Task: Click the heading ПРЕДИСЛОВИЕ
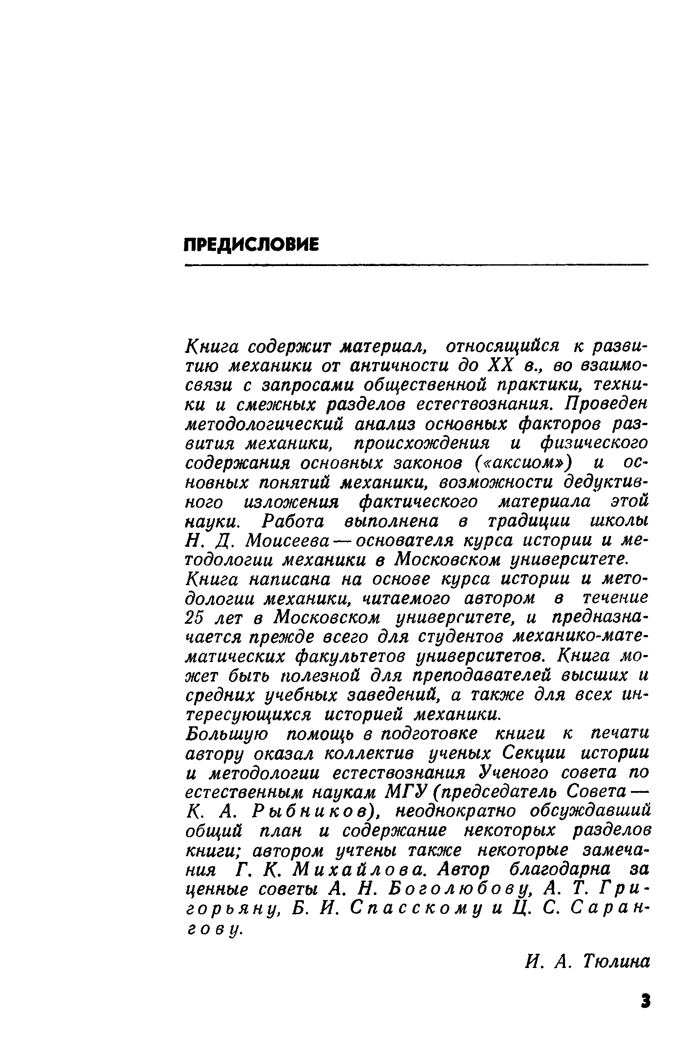(251, 245)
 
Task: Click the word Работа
(293, 521)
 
